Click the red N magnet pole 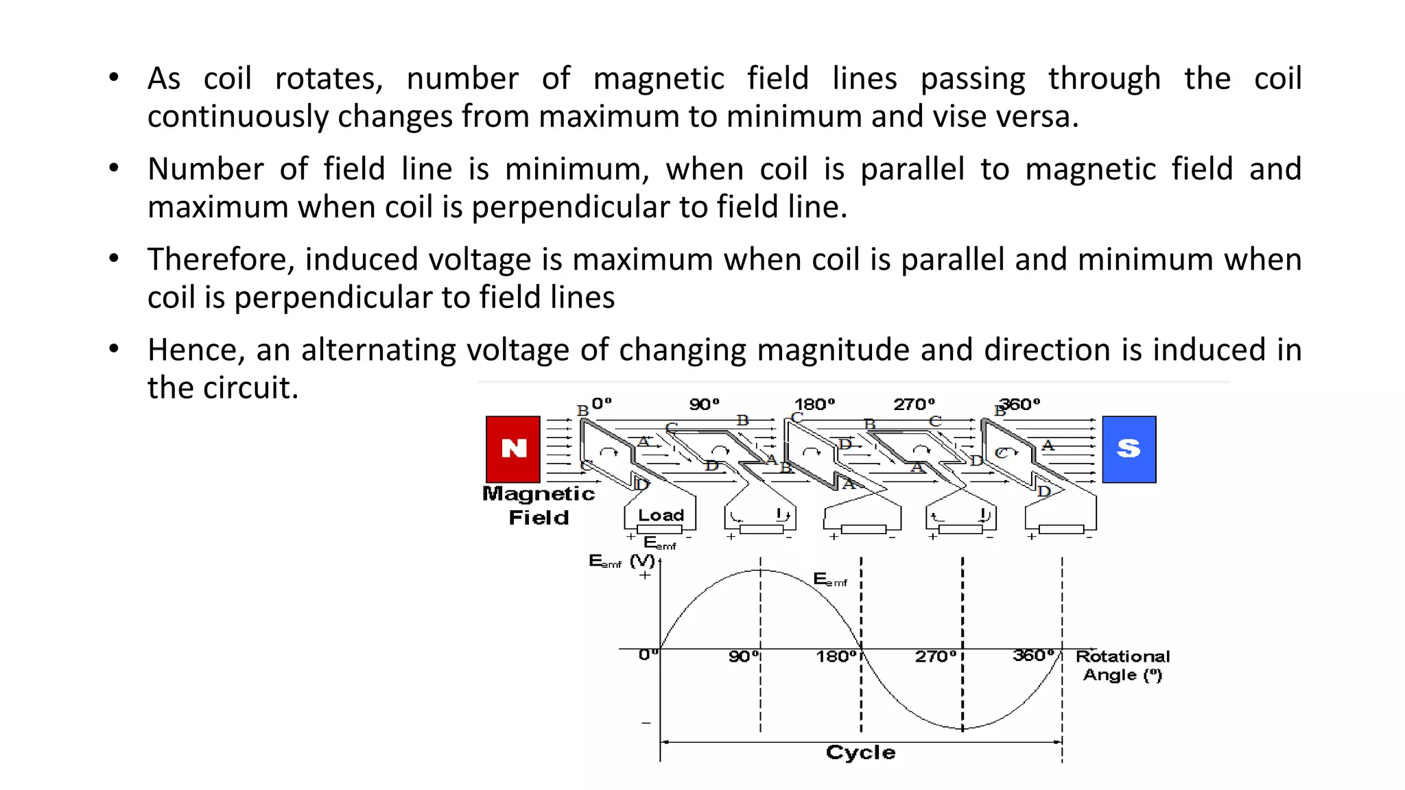(512, 449)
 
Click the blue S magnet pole (1129, 449)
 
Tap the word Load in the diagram (661, 515)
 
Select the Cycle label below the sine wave (860, 752)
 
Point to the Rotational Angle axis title (1122, 665)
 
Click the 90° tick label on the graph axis (744, 656)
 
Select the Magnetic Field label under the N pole (539, 505)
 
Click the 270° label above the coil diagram (914, 405)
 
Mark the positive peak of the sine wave (761, 570)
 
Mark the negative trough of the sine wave (963, 728)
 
